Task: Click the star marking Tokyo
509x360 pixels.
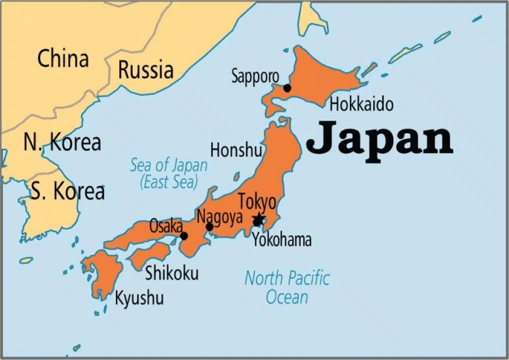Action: click(x=258, y=219)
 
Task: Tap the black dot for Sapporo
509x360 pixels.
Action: click(x=287, y=88)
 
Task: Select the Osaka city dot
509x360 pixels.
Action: click(x=184, y=236)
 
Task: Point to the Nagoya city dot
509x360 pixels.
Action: click(x=209, y=227)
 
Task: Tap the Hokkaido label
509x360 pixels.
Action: click(x=361, y=104)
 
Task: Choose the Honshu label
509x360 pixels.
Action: click(x=236, y=150)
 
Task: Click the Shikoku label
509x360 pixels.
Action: click(x=171, y=273)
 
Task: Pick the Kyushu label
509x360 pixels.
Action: click(x=139, y=298)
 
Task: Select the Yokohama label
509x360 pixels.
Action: click(x=281, y=240)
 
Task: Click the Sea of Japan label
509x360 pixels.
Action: click(x=169, y=173)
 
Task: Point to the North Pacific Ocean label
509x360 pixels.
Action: click(x=287, y=287)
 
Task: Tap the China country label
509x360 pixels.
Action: click(x=63, y=59)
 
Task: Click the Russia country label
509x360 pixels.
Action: click(x=146, y=70)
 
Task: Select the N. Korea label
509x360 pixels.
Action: click(x=62, y=143)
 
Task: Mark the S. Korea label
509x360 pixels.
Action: click(x=68, y=191)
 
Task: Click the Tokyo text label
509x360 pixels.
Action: click(x=257, y=202)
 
